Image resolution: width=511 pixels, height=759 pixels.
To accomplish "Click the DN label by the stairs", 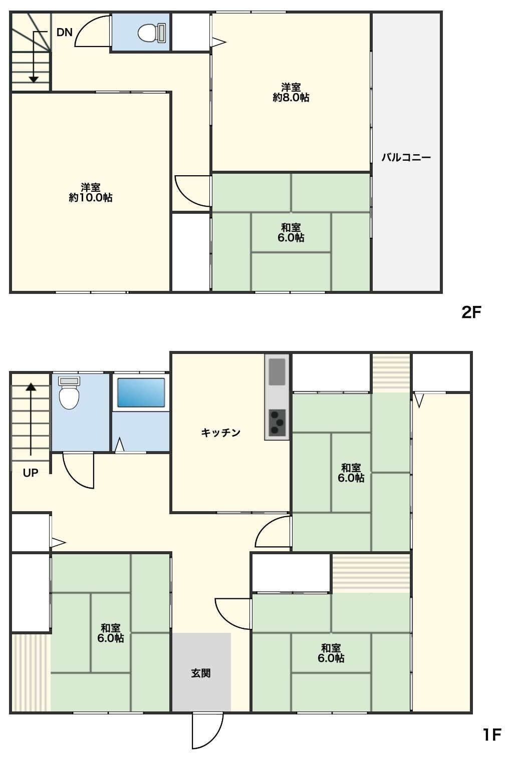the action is [x=65, y=33].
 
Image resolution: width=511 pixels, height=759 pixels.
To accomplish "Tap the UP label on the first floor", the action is [x=31, y=473].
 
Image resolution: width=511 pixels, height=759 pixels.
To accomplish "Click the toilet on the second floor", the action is [x=152, y=33].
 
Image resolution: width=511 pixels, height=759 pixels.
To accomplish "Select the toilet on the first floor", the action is [x=69, y=393].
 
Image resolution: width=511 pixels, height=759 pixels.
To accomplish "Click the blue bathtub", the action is [x=141, y=393].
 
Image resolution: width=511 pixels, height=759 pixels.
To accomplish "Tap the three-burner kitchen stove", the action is [x=277, y=423].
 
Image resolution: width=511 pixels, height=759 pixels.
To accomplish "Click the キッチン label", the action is [x=221, y=433].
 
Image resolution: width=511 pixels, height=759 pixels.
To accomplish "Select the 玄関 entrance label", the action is [x=201, y=673].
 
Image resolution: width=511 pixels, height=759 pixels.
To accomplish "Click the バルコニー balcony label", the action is [x=406, y=158].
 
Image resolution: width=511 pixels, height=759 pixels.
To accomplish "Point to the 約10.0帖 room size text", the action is [x=91, y=198].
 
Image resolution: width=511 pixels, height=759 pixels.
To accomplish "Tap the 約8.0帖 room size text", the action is [x=291, y=98].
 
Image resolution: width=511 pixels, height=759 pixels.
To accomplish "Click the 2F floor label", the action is [x=471, y=312].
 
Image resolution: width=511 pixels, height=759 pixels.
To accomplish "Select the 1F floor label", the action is [x=492, y=735].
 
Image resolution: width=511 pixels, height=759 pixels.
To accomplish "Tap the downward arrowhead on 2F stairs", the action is [x=34, y=80].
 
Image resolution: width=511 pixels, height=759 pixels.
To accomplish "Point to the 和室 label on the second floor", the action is [x=291, y=227].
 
